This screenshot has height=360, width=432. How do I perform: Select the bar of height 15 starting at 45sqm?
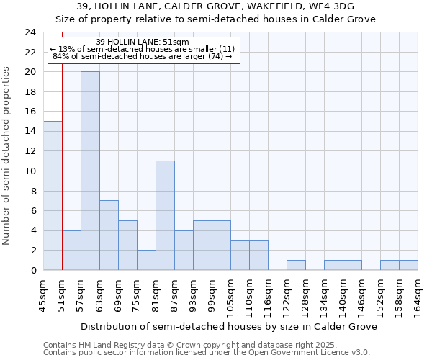(x=53, y=195)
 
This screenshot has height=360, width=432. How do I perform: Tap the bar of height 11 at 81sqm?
(x=165, y=215)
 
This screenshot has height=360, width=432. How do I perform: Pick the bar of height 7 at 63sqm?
(x=109, y=235)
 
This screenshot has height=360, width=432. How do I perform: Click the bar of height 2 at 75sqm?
(x=146, y=260)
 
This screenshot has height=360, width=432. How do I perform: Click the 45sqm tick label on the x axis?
(x=44, y=294)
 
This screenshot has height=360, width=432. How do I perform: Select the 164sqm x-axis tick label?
(x=418, y=294)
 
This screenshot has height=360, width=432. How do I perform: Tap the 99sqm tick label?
(x=212, y=294)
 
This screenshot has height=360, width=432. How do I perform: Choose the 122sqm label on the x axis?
(x=287, y=294)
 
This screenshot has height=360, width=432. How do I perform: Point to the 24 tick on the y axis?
(x=30, y=32)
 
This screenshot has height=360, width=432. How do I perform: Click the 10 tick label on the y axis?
(x=30, y=171)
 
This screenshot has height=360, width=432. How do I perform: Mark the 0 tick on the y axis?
(x=33, y=271)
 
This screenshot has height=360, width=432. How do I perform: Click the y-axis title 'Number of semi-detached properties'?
(x=8, y=156)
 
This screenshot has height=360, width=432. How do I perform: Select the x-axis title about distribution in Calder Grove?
(x=230, y=326)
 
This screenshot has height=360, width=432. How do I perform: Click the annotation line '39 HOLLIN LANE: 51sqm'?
(x=142, y=42)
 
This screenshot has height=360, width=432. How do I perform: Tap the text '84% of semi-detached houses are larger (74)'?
(x=142, y=56)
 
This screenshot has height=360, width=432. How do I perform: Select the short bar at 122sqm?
(x=296, y=265)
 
